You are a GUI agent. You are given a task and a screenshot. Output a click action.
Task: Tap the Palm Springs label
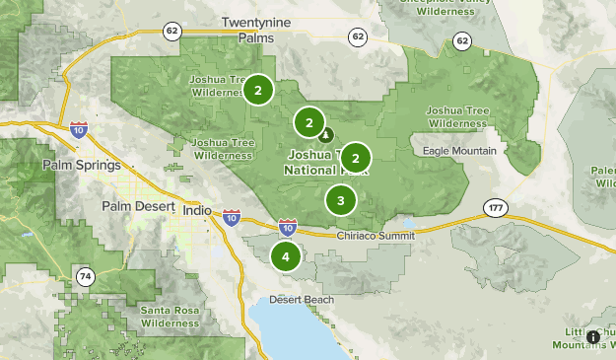coord(82,165)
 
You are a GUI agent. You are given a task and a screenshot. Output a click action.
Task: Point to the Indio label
coord(198,211)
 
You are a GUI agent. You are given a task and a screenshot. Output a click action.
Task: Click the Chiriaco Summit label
coord(371,237)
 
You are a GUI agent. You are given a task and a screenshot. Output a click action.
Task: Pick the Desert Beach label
coord(302,300)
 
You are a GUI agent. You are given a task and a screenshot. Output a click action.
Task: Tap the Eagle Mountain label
coord(459,151)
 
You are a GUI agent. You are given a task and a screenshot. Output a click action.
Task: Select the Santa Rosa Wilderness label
coord(170,317)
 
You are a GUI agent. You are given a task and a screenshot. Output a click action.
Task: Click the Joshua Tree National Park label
coord(319,163)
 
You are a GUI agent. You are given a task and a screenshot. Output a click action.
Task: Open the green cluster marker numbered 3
coord(340,200)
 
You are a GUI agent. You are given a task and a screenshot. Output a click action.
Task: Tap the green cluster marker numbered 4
coord(286,256)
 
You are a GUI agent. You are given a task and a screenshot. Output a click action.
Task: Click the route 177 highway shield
coord(494,207)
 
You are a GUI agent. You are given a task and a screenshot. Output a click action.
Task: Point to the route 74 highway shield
coord(86,278)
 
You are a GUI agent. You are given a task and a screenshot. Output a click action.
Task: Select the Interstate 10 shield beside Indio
coord(231,215)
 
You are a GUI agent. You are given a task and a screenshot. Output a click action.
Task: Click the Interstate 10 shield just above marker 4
coord(287,228)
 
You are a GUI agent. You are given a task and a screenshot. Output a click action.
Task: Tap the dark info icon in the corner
coord(593,337)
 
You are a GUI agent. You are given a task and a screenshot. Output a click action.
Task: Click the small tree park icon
coord(326,135)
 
